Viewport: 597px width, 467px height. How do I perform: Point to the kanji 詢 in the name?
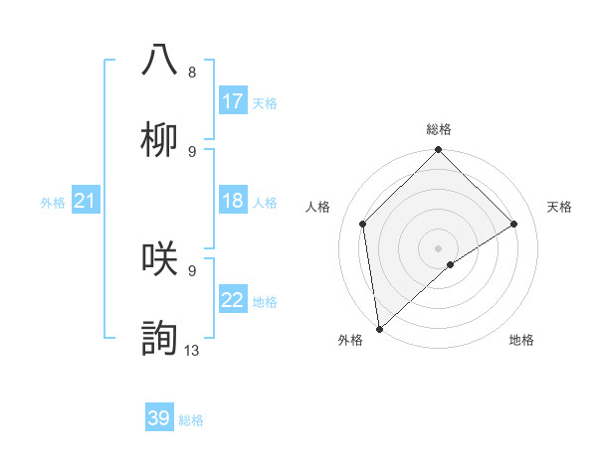(160, 338)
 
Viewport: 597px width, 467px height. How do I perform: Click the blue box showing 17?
(232, 101)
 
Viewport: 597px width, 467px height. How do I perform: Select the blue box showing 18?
(232, 201)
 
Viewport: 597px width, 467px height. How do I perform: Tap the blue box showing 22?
(232, 300)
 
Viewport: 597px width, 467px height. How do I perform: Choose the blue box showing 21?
(85, 201)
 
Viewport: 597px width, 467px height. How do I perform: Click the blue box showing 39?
(158, 418)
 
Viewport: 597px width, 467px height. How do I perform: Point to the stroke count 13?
(192, 350)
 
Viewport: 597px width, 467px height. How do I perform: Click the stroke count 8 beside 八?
(192, 73)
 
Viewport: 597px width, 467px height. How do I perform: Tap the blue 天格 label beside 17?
(265, 102)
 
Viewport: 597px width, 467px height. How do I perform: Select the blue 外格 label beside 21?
(53, 202)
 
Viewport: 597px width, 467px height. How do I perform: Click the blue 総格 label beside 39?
(191, 420)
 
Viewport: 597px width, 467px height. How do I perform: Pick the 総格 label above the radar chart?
(439, 129)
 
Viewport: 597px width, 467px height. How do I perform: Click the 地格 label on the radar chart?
(521, 340)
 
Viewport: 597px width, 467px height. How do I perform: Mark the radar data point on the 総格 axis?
(438, 151)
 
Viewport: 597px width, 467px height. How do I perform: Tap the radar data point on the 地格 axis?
(451, 264)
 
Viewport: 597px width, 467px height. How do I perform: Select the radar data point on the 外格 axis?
(379, 328)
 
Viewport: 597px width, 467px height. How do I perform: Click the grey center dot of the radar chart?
(438, 247)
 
